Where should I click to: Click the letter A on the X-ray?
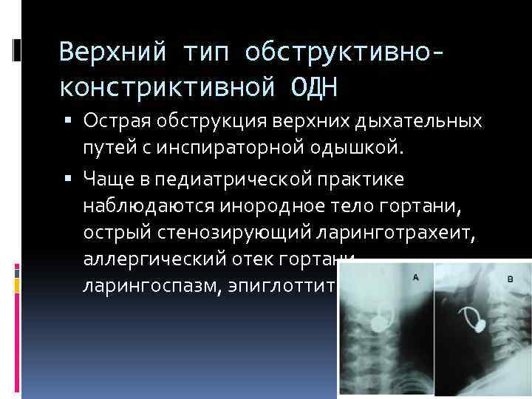tap(415, 277)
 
